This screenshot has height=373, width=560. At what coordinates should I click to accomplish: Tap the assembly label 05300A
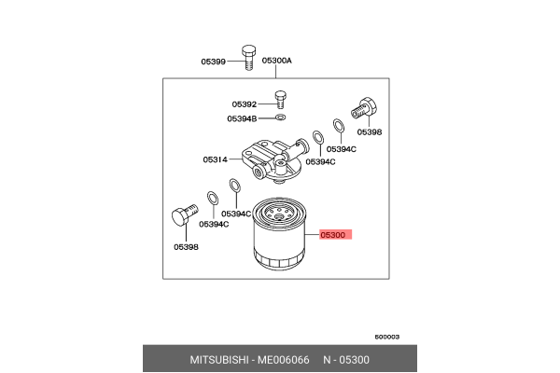(276, 61)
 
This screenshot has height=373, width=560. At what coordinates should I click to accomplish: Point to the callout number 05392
(245, 104)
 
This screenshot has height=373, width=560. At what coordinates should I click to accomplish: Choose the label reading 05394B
(243, 118)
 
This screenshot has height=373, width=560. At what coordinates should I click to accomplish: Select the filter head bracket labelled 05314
(271, 154)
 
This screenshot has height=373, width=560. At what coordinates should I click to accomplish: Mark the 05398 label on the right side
(370, 132)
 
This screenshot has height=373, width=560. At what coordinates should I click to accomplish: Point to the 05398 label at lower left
(185, 247)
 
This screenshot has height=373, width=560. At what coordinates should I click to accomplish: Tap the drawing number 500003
(388, 337)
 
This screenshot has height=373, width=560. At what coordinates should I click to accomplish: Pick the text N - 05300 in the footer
(346, 360)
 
